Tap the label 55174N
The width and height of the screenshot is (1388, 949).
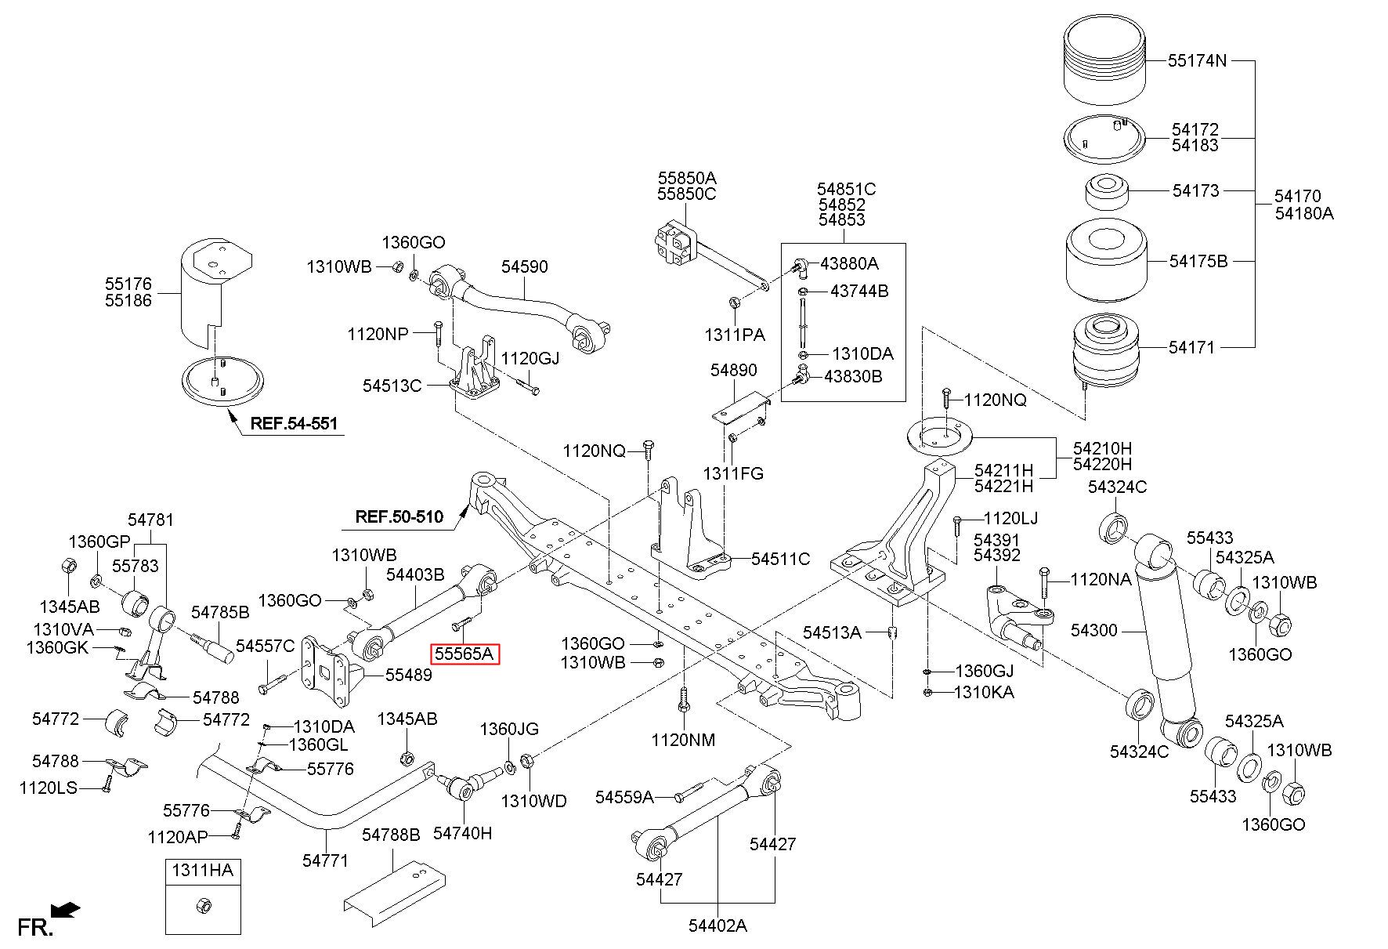(x=1197, y=60)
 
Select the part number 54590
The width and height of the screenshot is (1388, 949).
(x=524, y=266)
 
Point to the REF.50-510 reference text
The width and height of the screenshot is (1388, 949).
(x=399, y=516)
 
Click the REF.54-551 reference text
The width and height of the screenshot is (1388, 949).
(x=294, y=424)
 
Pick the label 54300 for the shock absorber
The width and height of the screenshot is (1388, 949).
(x=1094, y=630)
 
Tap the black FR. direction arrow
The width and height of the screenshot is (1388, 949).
(x=65, y=910)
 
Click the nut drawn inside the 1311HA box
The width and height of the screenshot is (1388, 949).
(x=202, y=905)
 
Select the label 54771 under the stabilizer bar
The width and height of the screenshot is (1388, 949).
(x=325, y=860)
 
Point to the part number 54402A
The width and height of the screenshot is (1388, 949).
(x=717, y=925)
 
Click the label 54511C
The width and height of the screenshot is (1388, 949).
(x=780, y=559)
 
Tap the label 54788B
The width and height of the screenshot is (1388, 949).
(x=391, y=835)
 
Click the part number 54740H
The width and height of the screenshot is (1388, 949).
(x=463, y=833)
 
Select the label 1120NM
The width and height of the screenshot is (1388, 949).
(x=683, y=740)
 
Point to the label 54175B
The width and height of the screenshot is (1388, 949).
(x=1198, y=261)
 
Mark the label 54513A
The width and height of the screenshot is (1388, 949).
(x=832, y=632)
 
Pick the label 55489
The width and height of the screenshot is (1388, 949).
(x=408, y=674)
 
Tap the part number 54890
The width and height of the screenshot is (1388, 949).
(x=734, y=370)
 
